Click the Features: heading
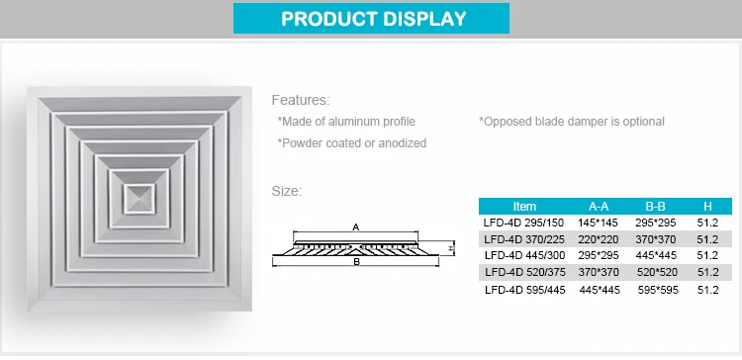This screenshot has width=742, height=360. [301, 100]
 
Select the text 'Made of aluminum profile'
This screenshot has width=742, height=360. [346, 122]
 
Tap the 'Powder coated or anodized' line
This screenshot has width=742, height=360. [352, 143]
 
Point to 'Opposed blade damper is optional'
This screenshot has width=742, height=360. [572, 122]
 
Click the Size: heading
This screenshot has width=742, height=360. [288, 191]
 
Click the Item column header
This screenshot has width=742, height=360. [525, 207]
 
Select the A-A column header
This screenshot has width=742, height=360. [599, 207]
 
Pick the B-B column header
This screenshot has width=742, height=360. [655, 207]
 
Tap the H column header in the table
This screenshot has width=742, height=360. [707, 207]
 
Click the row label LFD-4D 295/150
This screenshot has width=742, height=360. [525, 224]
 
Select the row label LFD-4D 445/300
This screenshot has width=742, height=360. [525, 256]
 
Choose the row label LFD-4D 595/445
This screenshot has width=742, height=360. [525, 290]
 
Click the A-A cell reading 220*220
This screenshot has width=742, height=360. [599, 239]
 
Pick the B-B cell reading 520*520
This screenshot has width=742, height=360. [655, 273]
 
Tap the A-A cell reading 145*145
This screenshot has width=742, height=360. [599, 224]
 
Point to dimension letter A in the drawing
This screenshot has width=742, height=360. [355, 226]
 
